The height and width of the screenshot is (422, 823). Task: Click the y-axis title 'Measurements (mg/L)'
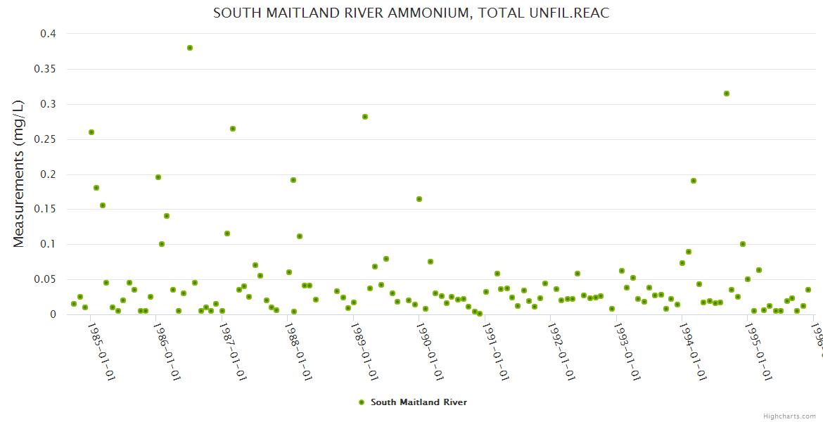point(19,174)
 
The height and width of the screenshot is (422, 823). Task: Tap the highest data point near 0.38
point(190,48)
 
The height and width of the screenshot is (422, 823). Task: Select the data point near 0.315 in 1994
point(727,94)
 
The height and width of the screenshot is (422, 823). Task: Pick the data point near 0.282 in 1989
point(365,117)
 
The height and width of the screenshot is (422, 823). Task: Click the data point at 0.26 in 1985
point(91,132)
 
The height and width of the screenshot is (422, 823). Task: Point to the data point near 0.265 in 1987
point(233,129)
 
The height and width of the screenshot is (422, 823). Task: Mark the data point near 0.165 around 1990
point(419,199)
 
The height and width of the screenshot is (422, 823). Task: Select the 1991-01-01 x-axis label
point(496,352)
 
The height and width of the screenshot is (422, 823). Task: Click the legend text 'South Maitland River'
point(419,402)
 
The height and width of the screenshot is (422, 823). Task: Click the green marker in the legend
point(362,402)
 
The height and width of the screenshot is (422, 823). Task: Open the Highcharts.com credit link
point(789,416)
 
